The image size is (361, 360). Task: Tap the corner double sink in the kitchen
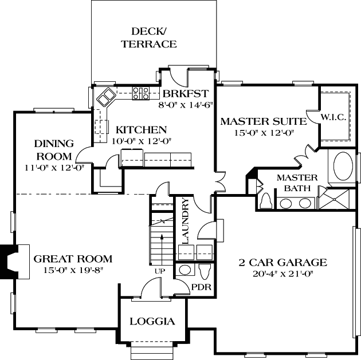point(105,98)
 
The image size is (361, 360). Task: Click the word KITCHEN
point(141,130)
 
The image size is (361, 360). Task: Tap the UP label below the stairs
point(160,270)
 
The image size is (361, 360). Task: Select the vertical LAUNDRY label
point(185,221)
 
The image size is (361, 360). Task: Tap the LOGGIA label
point(152,321)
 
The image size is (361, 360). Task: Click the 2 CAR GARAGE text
point(282,263)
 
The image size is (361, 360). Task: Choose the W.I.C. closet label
point(333,117)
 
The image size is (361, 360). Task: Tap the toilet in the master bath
point(266,201)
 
